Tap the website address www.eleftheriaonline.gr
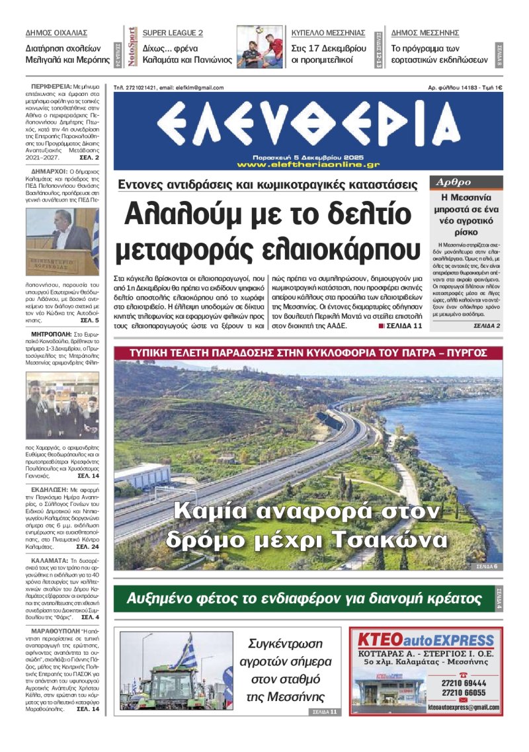307,164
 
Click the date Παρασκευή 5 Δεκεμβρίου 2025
307,157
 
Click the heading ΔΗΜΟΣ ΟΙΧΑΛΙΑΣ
56,32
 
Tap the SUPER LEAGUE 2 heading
173,32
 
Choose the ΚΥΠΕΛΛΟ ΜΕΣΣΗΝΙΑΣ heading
328,32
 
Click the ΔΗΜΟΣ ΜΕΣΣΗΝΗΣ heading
425,32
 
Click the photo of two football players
261,47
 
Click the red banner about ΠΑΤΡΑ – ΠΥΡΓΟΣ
308,353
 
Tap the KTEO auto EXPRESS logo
426,641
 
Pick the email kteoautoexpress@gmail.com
463,706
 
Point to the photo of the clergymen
62,404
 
